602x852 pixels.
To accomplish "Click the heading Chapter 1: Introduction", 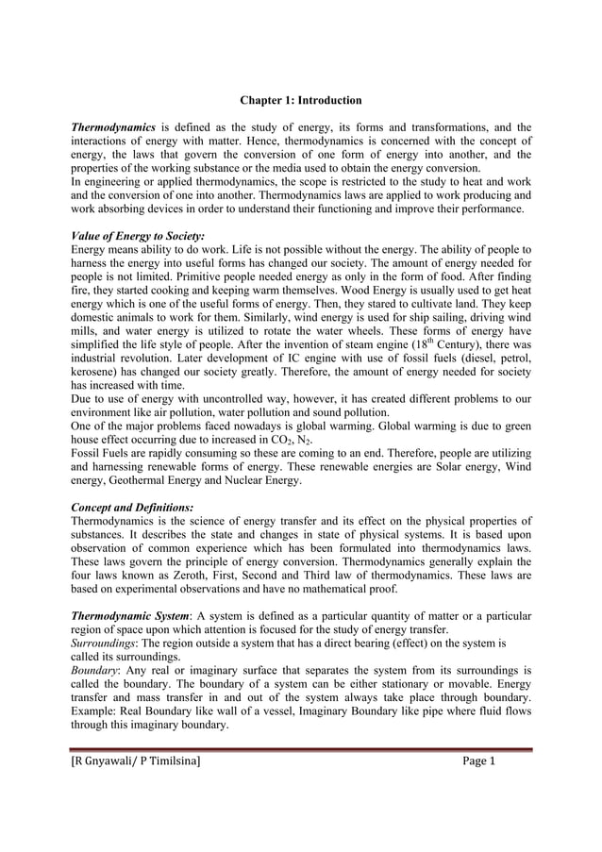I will coord(300,99).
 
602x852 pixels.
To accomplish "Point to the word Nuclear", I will coord(271,480).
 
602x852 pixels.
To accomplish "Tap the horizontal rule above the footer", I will coord(301,751).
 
